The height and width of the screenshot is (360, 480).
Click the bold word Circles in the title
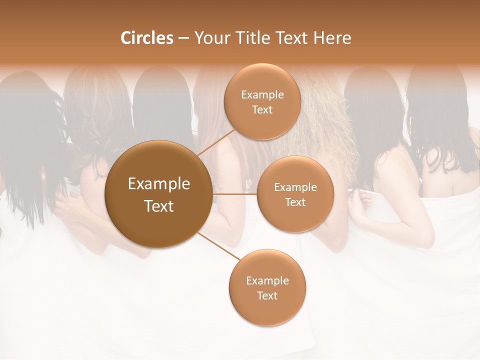[146, 38]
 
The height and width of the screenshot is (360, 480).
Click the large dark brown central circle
[158, 194]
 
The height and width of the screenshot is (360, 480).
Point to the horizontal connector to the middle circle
[235, 194]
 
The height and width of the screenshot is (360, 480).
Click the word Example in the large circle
[158, 184]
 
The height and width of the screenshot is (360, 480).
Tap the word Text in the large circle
[158, 206]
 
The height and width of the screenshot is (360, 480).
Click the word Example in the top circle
[262, 94]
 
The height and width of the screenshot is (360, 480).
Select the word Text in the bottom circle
[267, 295]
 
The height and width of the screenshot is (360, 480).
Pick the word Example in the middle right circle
[295, 187]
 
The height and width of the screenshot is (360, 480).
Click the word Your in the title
[209, 38]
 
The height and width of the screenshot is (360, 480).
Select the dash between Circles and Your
[183, 38]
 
